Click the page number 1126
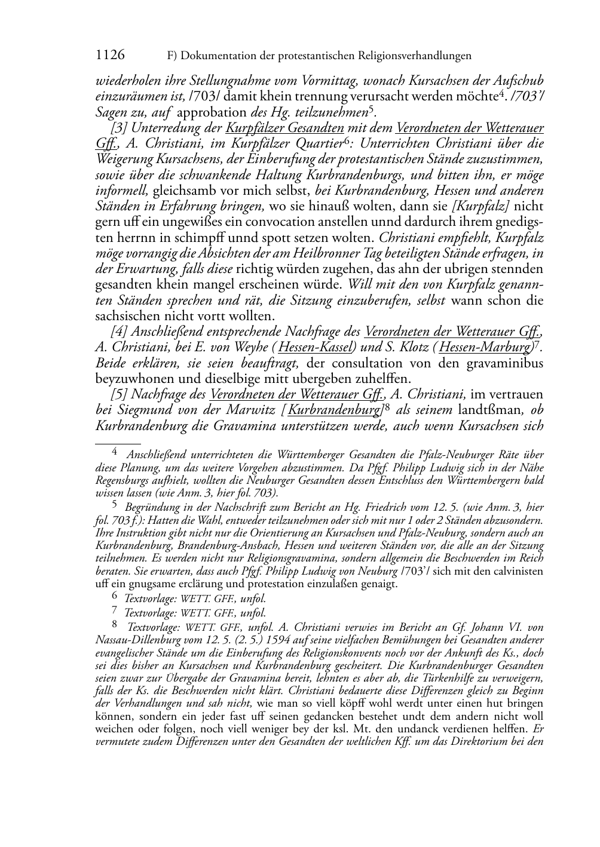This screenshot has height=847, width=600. point(110,55)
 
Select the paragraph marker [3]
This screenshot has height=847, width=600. point(119,128)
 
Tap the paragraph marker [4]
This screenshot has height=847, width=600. point(119,332)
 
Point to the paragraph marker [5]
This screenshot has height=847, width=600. point(119,394)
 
